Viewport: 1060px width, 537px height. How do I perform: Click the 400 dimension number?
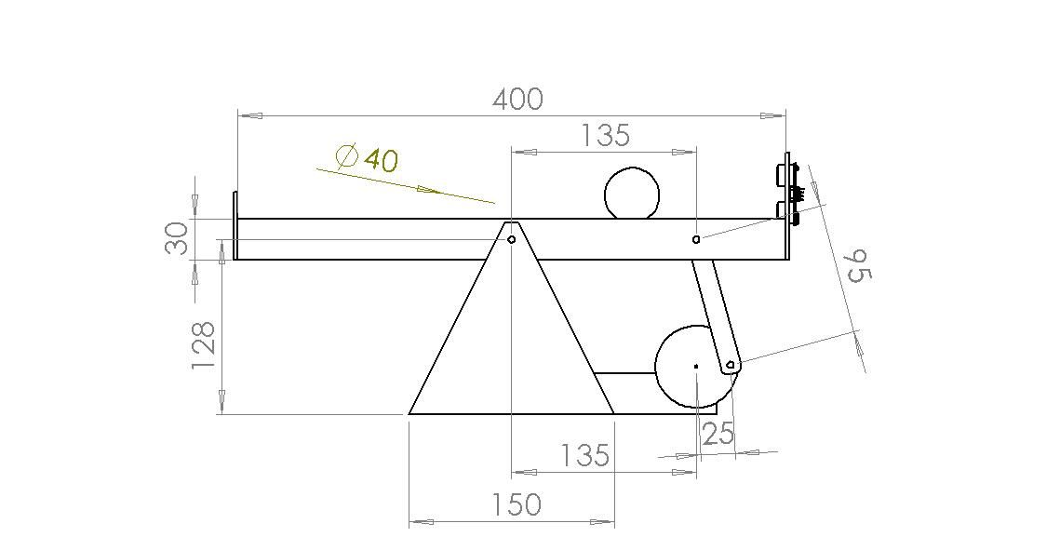click(x=517, y=100)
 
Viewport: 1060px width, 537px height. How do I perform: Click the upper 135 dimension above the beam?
click(x=604, y=136)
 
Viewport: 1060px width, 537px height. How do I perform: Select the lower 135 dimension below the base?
click(x=584, y=455)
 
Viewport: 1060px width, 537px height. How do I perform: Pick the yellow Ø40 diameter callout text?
click(x=366, y=158)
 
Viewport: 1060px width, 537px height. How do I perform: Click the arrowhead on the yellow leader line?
click(x=428, y=191)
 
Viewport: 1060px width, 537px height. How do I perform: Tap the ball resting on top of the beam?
click(x=632, y=194)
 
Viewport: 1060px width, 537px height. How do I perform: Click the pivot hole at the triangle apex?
click(x=511, y=239)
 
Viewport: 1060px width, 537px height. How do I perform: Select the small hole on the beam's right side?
click(x=696, y=239)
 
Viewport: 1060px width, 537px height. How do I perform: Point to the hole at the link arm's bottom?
click(x=730, y=364)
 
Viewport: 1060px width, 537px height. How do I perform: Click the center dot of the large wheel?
click(x=696, y=366)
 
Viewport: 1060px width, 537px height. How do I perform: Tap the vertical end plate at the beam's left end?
click(x=235, y=226)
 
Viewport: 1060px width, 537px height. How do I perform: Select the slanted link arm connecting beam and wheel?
click(x=714, y=312)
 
